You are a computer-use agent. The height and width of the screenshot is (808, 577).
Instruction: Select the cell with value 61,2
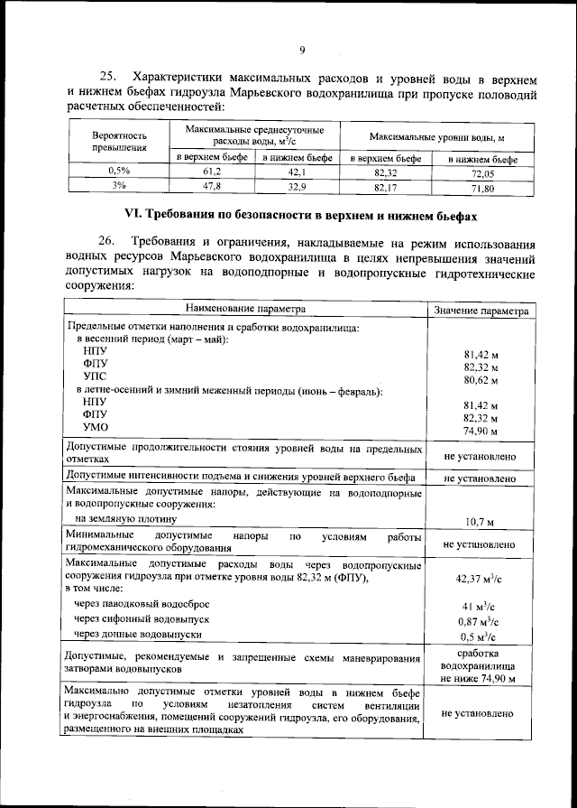click(x=211, y=171)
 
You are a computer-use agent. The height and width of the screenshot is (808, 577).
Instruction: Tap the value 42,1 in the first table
click(x=298, y=171)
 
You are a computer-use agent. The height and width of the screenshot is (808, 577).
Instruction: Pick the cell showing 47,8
click(x=211, y=185)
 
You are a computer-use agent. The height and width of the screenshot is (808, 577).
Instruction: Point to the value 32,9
click(x=298, y=186)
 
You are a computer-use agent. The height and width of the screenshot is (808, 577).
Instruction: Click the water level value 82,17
click(x=385, y=188)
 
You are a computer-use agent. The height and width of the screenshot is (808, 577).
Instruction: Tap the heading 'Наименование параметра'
click(x=245, y=308)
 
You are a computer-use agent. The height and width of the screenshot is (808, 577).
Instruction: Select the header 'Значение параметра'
click(x=481, y=310)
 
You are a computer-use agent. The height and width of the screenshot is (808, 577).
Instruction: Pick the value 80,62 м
click(x=481, y=382)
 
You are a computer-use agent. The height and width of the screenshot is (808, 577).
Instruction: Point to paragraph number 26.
click(x=106, y=243)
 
